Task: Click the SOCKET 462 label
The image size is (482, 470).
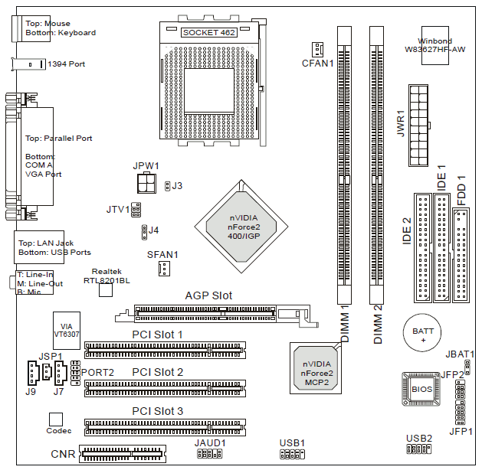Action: [x=209, y=33]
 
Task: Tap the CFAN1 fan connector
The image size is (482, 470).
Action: [x=318, y=48]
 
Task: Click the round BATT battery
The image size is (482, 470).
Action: [x=422, y=334]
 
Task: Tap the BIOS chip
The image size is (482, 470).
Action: [x=422, y=389]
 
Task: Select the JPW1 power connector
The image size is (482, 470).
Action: [x=146, y=184]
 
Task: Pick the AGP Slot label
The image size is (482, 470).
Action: [x=208, y=295]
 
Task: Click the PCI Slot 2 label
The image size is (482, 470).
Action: [x=158, y=372]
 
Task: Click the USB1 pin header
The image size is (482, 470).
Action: [x=291, y=455]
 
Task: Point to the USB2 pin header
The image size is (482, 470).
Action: [x=418, y=449]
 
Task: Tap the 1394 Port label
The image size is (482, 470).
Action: [x=66, y=64]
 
